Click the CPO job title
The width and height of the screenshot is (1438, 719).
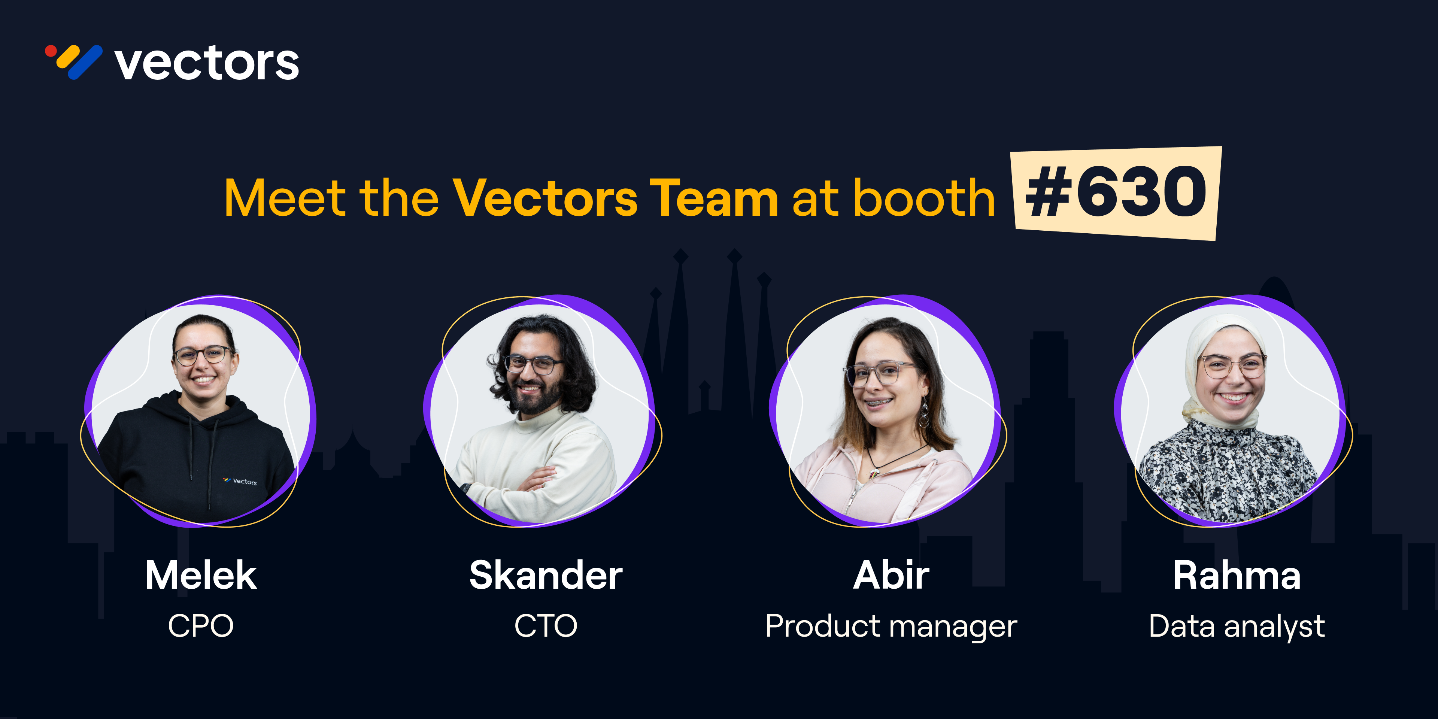tap(201, 626)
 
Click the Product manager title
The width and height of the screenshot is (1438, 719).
tap(892, 627)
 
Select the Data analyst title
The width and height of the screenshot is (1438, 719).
tap(1237, 627)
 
